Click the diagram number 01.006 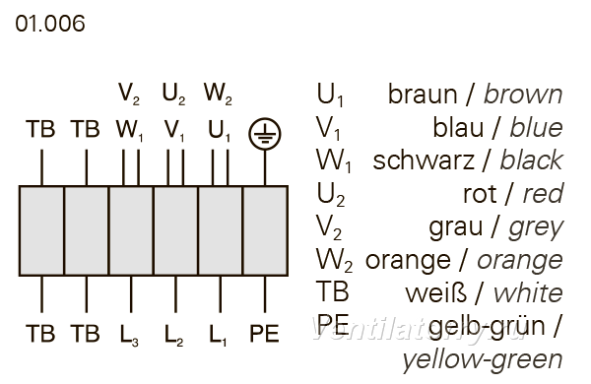pos(50,24)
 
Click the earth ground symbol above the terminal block pos(265,133)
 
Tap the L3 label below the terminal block pos(129,335)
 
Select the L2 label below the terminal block pos(173,335)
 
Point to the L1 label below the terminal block pos(218,335)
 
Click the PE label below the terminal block pos(264,333)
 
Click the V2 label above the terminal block pos(129,94)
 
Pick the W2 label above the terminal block pos(218,94)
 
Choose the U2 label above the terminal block pos(173,94)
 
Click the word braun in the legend pos(423,95)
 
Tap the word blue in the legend pos(537,127)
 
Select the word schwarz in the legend pos(424,160)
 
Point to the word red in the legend pos(543,194)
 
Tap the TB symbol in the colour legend pos(333,291)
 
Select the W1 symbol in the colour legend pos(334,161)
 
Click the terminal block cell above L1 pos(220,230)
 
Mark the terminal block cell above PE pos(265,230)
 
